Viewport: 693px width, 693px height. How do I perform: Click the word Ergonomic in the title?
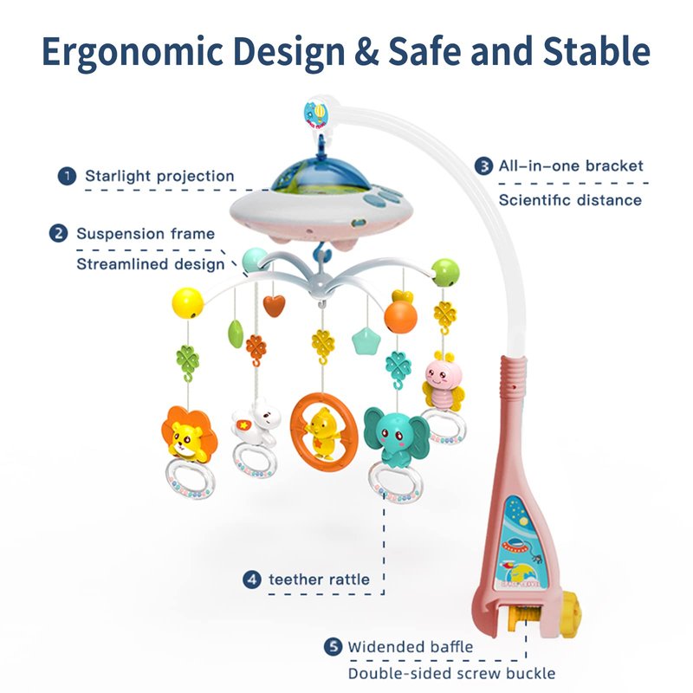133,53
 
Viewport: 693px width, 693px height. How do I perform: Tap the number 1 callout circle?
67,176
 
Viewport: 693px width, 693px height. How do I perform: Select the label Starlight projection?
159,176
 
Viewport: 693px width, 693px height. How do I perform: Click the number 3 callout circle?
483,166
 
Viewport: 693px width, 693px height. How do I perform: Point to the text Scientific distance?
570,200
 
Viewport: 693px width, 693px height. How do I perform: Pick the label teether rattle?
319,580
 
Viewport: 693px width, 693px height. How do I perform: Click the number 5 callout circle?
333,646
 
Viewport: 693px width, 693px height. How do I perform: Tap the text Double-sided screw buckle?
451,674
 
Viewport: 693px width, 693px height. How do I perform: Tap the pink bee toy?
443,381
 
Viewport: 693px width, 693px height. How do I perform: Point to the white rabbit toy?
257,421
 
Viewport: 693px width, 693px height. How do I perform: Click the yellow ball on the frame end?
188,303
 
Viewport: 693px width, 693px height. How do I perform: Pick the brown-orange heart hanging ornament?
274,306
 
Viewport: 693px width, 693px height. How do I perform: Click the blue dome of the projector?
321,176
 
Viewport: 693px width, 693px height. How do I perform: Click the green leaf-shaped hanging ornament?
236,334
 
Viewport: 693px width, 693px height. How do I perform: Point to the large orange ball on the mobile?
400,317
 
